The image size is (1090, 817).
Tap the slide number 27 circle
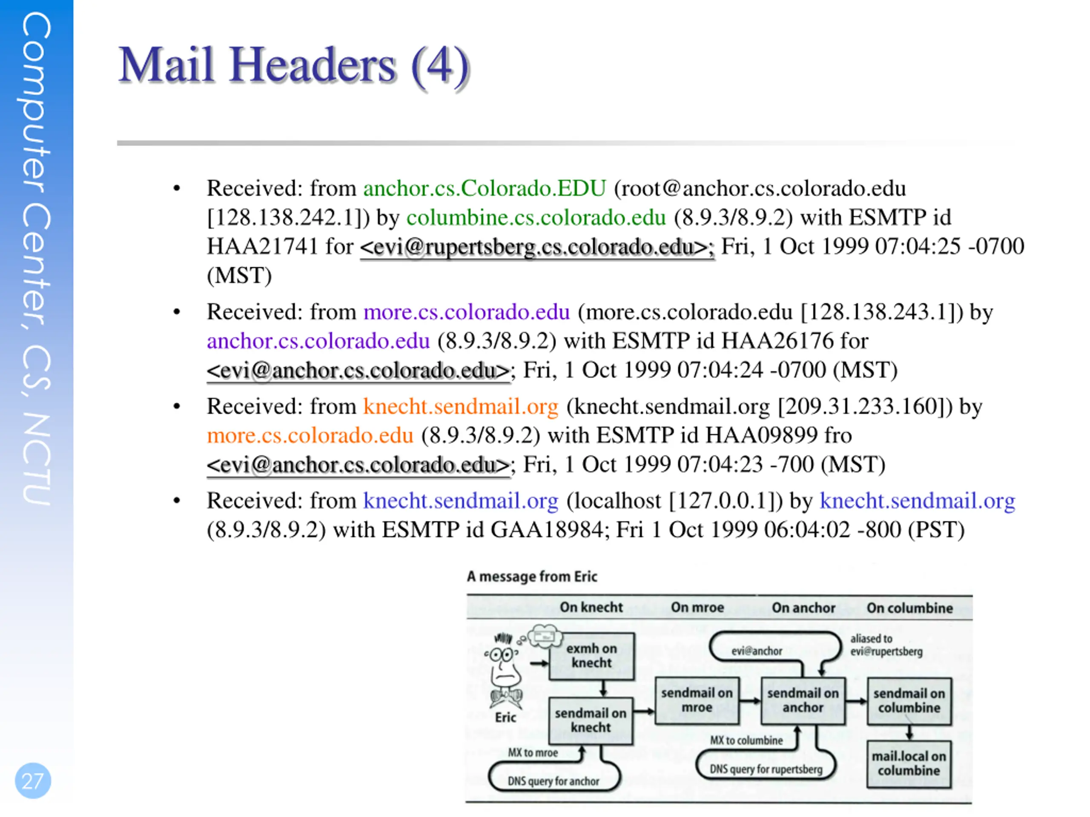[33, 780]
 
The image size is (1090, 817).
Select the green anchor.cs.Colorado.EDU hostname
[485, 189]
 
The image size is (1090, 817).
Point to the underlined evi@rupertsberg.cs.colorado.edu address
[536, 247]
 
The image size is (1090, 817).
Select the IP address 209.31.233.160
[862, 407]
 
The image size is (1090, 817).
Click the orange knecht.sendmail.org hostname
[461, 407]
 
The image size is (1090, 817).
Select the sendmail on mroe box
[697, 700]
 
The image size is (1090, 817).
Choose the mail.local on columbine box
[909, 764]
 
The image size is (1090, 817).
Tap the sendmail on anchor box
[803, 700]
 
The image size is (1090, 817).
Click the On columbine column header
[909, 608]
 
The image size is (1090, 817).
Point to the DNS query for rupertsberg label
[766, 769]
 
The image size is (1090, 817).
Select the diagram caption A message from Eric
[532, 577]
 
